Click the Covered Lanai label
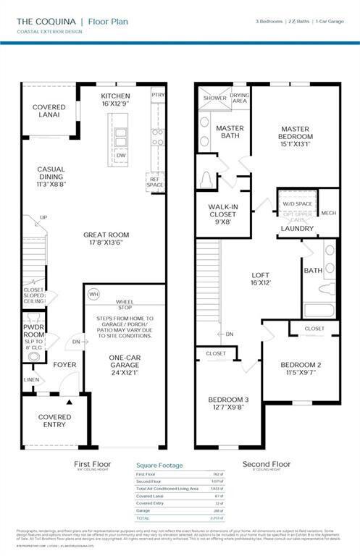[49, 112]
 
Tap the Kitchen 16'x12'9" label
[115, 100]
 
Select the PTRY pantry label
[158, 95]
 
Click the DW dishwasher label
[121, 155]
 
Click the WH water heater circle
[93, 295]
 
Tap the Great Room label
[106, 238]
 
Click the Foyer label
[64, 364]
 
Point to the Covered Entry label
[54, 421]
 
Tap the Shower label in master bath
[214, 98]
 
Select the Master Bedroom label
[296, 136]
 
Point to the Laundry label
[298, 229]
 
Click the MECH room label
[328, 214]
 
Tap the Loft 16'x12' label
[260, 279]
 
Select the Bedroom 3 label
[228, 403]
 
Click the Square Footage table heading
[159, 466]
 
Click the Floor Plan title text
[108, 22]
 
